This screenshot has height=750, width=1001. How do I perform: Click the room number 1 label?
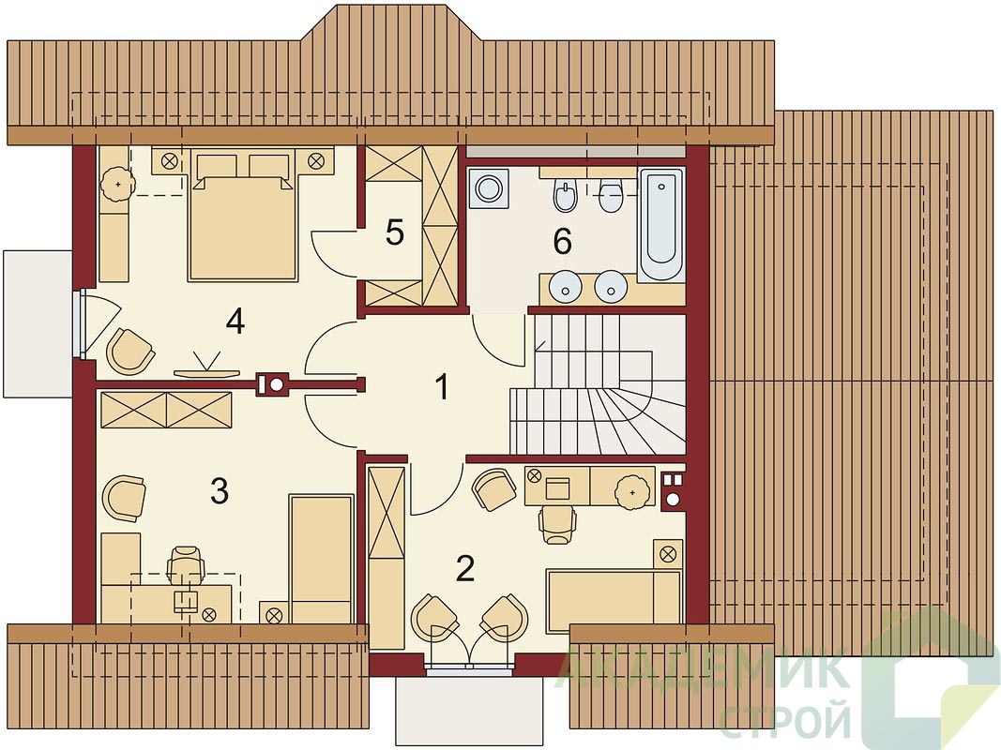pyautogui.click(x=442, y=387)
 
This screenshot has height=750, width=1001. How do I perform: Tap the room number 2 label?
pyautogui.click(x=465, y=568)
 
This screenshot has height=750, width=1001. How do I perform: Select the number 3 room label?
pyautogui.click(x=220, y=491)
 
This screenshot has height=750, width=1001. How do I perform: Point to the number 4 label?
pyautogui.click(x=235, y=322)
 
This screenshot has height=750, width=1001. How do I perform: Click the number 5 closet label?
pyautogui.click(x=395, y=232)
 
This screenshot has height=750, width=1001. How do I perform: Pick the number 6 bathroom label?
pyautogui.click(x=563, y=241)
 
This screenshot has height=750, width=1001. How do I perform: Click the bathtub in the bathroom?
pyautogui.click(x=660, y=224)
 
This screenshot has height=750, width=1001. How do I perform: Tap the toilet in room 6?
pyautogui.click(x=611, y=195)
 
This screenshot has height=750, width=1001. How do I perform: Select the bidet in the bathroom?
pyautogui.click(x=565, y=195)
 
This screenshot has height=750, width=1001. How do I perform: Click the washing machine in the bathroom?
pyautogui.click(x=489, y=188)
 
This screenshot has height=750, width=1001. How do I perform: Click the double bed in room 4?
pyautogui.click(x=243, y=214)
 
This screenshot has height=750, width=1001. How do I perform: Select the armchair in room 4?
pyautogui.click(x=129, y=351)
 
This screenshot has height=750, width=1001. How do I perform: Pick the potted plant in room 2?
pyautogui.click(x=632, y=492)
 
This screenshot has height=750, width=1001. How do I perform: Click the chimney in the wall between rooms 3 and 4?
pyautogui.click(x=273, y=384)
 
